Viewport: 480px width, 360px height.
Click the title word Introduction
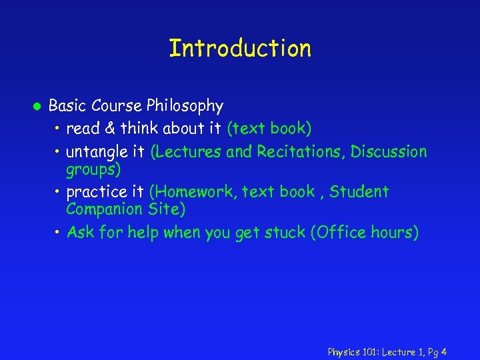pos(240,49)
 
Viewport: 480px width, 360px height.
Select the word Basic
pos(67,106)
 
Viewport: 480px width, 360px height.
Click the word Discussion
pos(389,152)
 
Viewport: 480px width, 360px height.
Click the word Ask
pos(81,233)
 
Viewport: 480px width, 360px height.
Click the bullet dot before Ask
pos(59,233)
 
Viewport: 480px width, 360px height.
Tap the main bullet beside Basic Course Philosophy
pos(38,107)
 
